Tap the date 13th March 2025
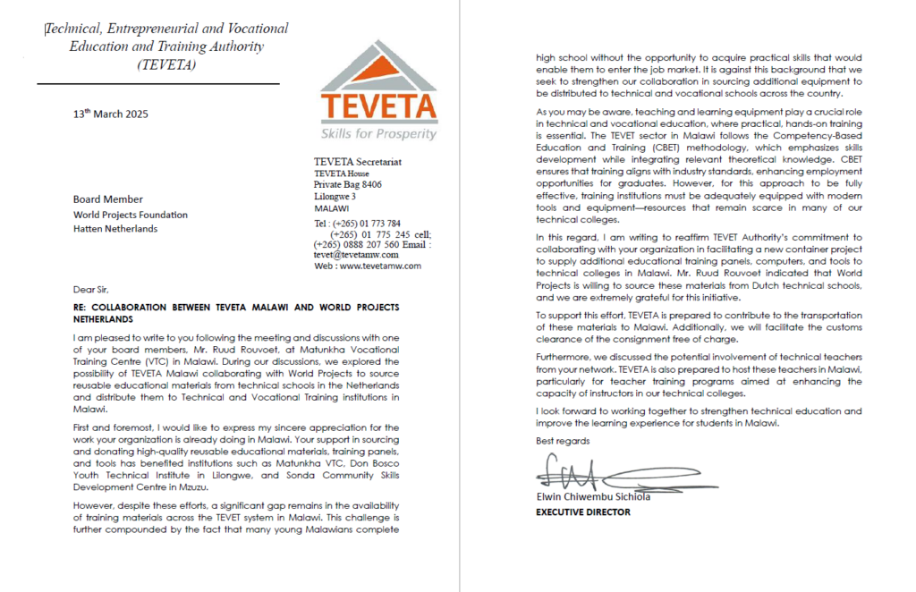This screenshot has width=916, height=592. (x=111, y=114)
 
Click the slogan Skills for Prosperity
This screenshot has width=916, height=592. (x=379, y=134)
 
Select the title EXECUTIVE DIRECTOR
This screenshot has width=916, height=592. (x=582, y=512)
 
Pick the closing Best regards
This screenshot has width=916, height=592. (x=563, y=441)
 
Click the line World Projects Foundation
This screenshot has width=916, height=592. (x=131, y=215)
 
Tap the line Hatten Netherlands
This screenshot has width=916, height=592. (x=115, y=229)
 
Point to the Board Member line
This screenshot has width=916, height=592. (x=108, y=199)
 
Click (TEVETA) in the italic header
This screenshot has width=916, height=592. (x=166, y=65)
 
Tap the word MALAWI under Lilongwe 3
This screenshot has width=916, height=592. (x=332, y=207)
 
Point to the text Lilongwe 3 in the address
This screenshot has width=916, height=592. (x=335, y=196)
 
